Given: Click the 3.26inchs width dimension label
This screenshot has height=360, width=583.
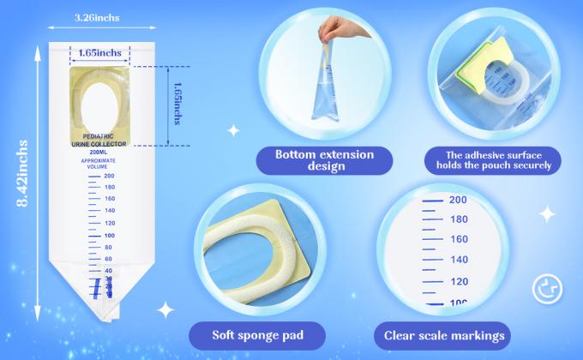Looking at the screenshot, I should pos(97,16).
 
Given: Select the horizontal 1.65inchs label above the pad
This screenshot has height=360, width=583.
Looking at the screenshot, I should pos(98,53).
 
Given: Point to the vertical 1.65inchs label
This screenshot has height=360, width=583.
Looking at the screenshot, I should pos(177,104).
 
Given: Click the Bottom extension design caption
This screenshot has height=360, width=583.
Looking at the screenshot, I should pos(324,160).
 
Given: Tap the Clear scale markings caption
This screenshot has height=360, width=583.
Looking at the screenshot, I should pos(444,335).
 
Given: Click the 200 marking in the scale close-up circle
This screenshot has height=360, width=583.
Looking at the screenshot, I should pos(457,200).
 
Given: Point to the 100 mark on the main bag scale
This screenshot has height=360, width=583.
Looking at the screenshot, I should pos(109,234).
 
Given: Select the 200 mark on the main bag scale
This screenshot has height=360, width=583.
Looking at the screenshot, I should pos(109,175).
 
